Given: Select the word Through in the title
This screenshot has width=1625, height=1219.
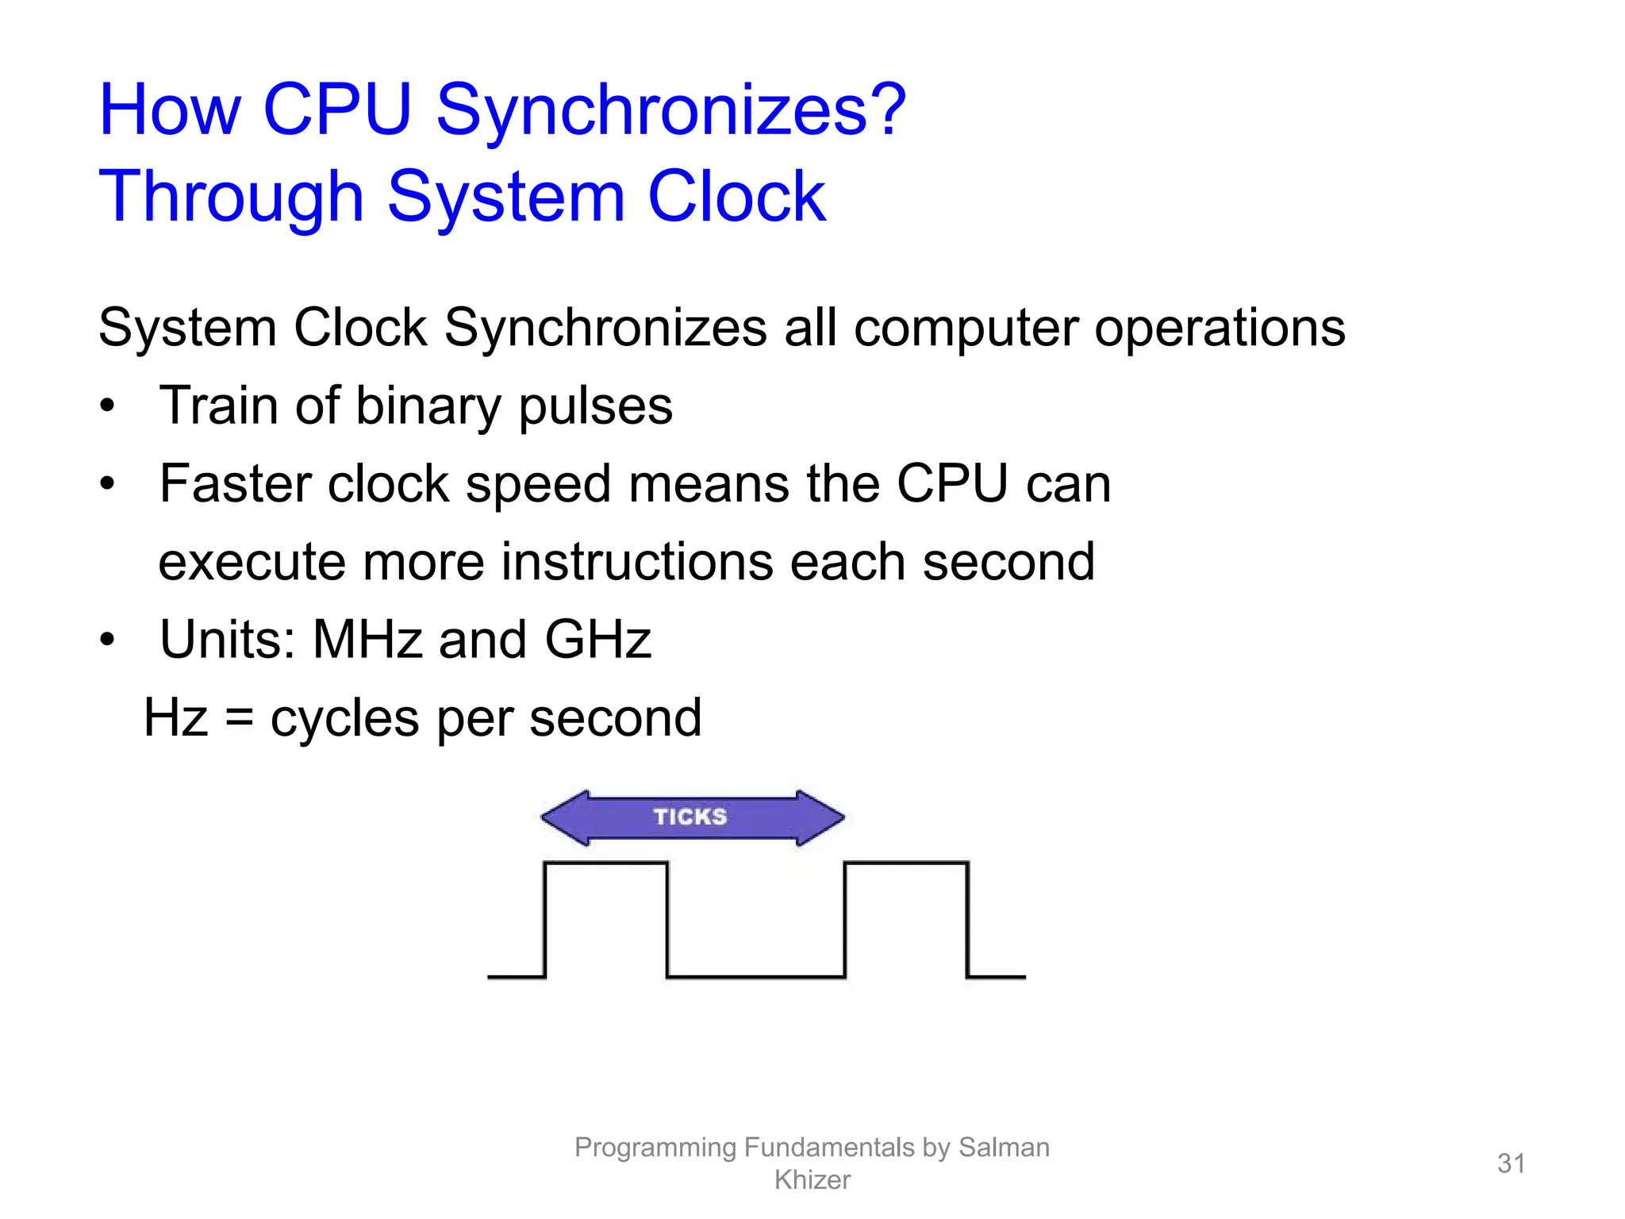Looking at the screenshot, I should pyautogui.click(x=231, y=198).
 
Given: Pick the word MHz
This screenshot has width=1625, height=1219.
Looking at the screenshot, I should pyautogui.click(x=367, y=640).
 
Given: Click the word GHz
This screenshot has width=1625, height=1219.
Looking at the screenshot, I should pyautogui.click(x=597, y=640).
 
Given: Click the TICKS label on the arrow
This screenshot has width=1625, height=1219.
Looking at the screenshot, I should pyautogui.click(x=690, y=817).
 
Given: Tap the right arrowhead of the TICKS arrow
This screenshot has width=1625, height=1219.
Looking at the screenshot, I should pyautogui.click(x=820, y=817).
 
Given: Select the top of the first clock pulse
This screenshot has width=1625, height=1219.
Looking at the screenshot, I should pyautogui.click(x=606, y=863).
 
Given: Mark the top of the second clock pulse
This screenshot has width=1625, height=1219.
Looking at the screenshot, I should pyautogui.click(x=906, y=863).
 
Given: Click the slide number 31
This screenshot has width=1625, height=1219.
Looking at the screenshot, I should pyautogui.click(x=1511, y=1163).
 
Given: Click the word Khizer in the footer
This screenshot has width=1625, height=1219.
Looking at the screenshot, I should pyautogui.click(x=812, y=1180).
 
